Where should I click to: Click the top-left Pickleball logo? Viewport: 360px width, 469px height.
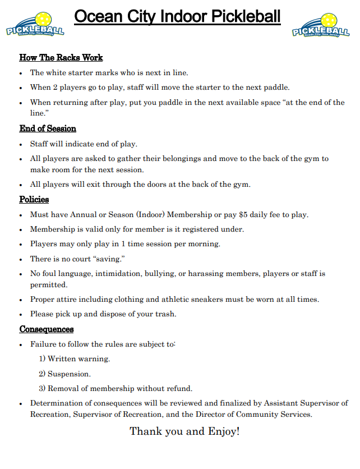click(34, 26)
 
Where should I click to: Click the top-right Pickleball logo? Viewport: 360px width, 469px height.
click(321, 26)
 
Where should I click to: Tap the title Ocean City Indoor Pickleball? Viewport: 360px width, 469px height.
click(177, 17)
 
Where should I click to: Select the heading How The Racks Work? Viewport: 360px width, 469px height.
click(61, 58)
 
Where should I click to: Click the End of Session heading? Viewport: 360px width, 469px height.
click(48, 129)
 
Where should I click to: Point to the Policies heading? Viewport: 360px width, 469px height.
click(34, 200)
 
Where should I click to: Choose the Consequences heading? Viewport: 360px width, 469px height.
click(47, 329)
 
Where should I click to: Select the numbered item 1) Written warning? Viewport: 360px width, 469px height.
click(74, 359)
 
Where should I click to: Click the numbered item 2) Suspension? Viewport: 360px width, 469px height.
click(64, 374)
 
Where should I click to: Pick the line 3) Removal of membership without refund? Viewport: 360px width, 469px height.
click(116, 388)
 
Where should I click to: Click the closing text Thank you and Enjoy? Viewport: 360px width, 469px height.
click(184, 431)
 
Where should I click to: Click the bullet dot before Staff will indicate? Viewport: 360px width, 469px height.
click(21, 144)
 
